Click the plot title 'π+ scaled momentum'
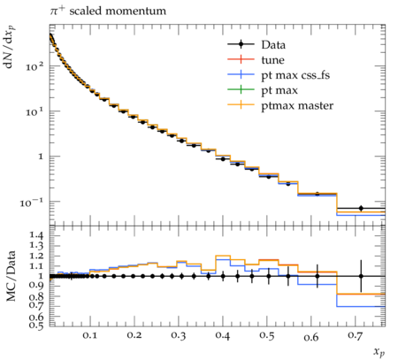pos(108,11)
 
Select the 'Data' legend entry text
pos(273,45)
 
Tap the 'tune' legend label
pos(272,60)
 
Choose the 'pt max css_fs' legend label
pos(295,75)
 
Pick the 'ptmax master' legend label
pos(297,106)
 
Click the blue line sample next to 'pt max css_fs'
pos(241,75)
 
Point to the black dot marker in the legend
pos(241,44)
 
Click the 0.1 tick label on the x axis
pos(89,335)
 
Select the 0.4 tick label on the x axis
pos(222,335)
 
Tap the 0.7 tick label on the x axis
pos(355,335)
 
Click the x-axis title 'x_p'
pos(379,351)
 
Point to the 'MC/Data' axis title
pos(11,276)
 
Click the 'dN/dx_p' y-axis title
pos(9,47)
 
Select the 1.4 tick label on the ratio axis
pos(36,235)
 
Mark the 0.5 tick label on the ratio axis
pos(36,325)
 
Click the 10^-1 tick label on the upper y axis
pos(32,203)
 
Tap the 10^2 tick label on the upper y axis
pos(34,66)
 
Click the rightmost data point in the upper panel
pos(361,208)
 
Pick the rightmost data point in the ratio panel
pos(361,276)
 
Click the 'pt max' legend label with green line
pos(279,91)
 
